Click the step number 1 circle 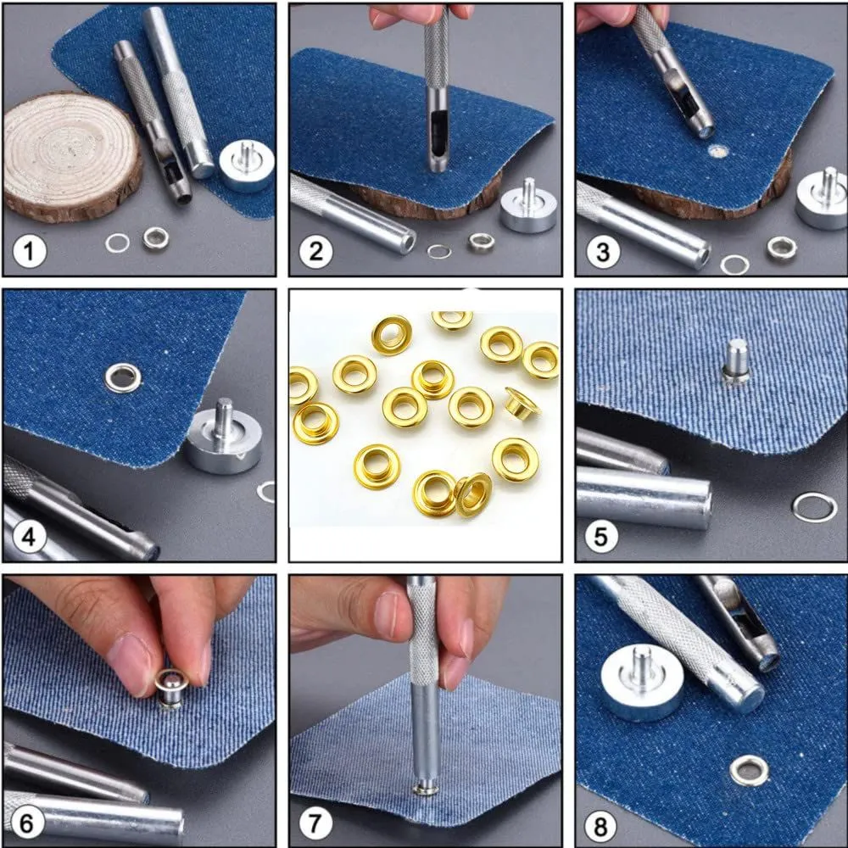29,251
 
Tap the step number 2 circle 315,252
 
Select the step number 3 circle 603,252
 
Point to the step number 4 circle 29,537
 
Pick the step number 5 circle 601,537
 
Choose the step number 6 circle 26,823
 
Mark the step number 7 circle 315,823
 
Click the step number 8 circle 601,827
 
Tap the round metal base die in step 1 247,165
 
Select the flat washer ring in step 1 117,243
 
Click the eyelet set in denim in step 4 123,377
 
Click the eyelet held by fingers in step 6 172,688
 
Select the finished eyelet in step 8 749,770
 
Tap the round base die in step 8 642,683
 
